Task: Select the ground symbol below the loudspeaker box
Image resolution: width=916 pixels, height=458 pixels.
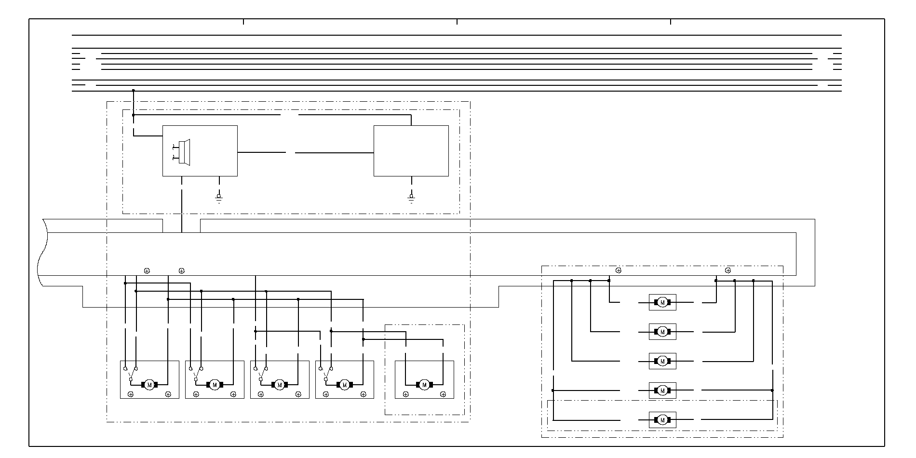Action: tap(219, 198)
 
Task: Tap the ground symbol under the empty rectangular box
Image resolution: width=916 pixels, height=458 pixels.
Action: tap(411, 198)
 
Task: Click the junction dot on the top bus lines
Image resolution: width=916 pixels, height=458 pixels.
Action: tap(134, 91)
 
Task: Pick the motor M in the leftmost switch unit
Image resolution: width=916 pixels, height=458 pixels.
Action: tap(149, 385)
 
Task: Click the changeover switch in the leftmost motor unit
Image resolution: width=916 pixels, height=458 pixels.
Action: tap(130, 374)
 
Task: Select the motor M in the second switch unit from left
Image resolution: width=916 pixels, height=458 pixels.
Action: tap(215, 385)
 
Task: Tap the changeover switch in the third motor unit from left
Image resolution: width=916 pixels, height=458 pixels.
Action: tap(261, 374)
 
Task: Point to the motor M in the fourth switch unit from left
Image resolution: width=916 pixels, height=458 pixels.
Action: tap(344, 385)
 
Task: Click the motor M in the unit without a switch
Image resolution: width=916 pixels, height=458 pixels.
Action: tap(424, 385)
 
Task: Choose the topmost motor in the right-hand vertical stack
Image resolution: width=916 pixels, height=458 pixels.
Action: tap(662, 302)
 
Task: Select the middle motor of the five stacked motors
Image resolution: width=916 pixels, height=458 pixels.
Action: tap(662, 361)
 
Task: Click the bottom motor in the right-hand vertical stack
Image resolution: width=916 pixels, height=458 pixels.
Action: tap(662, 420)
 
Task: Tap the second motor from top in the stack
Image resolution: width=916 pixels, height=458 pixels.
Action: tap(662, 332)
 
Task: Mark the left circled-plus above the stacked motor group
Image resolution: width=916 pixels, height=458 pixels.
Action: tap(619, 270)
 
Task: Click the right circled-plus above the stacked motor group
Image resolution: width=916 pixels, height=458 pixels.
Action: tap(728, 270)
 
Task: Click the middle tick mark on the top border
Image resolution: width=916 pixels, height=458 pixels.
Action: tap(457, 22)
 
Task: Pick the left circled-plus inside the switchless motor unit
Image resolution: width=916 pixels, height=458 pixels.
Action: tap(406, 394)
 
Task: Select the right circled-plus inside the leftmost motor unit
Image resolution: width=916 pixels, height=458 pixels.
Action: tap(168, 394)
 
